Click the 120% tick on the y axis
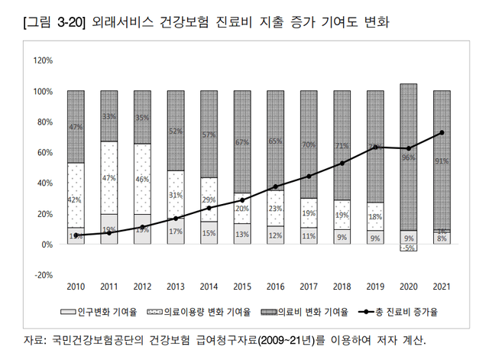[42, 60]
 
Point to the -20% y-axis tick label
[42, 275]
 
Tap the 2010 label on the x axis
[76, 287]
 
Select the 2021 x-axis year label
[441, 287]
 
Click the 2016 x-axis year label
[275, 287]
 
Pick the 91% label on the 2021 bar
[441, 161]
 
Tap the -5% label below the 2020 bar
[408, 248]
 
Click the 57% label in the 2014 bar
[209, 135]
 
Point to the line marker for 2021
[441, 133]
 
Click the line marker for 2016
[275, 186]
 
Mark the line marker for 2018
[342, 164]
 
